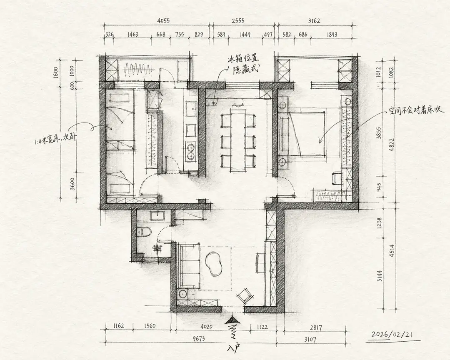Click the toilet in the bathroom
pos(145,231)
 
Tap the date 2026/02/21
pos(392,335)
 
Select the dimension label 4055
pos(163,21)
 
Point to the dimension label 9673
pos(198,339)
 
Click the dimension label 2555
pos(238,21)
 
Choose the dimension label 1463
pos(133,35)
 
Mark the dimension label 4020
pos(206,327)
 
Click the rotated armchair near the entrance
pos(245,295)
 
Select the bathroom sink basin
pos(157,215)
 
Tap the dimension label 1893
pos(332,35)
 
